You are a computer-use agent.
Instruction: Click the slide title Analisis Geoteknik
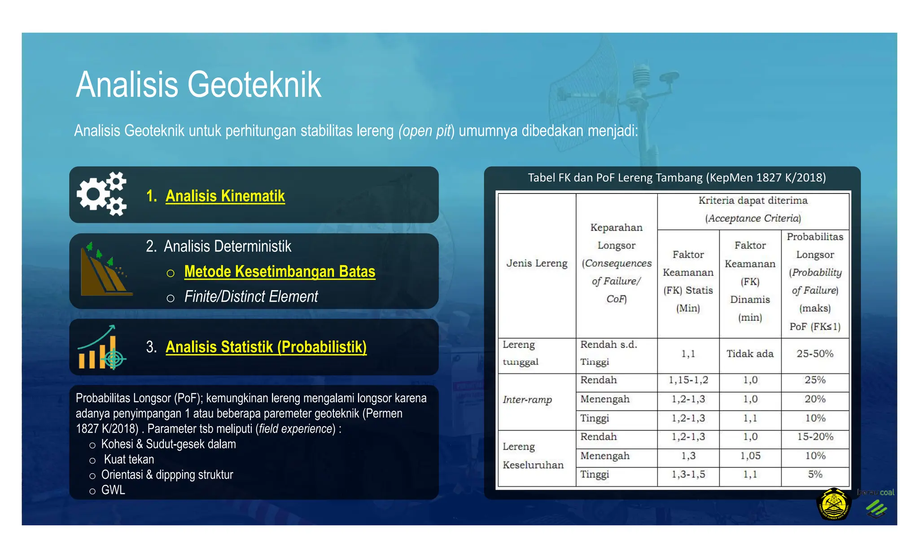[x=198, y=84]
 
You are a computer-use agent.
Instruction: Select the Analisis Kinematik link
[x=225, y=196]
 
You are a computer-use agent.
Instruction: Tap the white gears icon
[x=102, y=194]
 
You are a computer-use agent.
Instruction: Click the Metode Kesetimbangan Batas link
[x=280, y=272]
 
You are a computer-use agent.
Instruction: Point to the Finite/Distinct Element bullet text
[x=251, y=297]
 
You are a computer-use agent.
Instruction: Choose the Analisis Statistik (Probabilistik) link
[x=266, y=347]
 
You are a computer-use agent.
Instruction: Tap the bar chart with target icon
[x=102, y=347]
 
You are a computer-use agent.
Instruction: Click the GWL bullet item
[x=113, y=490]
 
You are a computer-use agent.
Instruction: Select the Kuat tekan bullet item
[x=129, y=459]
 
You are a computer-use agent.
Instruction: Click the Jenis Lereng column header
[x=537, y=264]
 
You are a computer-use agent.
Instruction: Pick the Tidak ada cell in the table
[x=750, y=354]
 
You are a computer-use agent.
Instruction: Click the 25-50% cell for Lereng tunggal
[x=815, y=354]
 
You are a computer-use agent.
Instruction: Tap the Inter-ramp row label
[x=527, y=400]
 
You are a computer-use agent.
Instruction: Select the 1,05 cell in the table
[x=750, y=456]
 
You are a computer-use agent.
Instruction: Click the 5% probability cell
[x=815, y=475]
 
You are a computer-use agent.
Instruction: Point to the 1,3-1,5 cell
[x=688, y=475]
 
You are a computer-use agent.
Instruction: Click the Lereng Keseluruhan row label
[x=533, y=456]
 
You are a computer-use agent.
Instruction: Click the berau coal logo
[x=876, y=503]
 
